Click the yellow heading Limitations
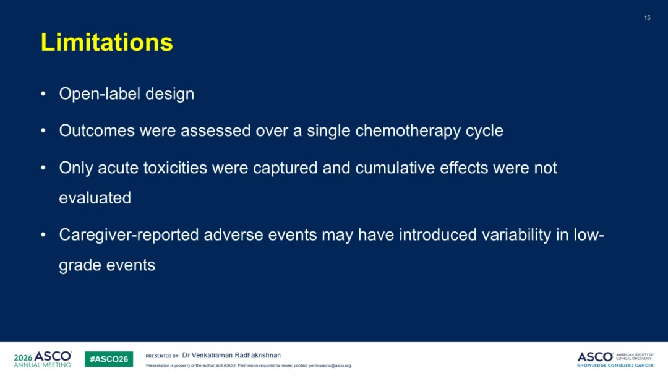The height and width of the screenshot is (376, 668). coord(107,42)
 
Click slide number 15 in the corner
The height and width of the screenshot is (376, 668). coord(647,18)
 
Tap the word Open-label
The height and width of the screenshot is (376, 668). coord(100,94)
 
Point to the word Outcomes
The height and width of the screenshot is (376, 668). coord(96,130)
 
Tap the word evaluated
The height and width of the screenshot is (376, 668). coord(95,198)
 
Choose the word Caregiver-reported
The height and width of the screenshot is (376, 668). coord(129,235)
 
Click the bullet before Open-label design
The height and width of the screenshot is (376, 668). coord(43,93)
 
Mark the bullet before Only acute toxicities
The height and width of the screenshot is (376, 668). coord(43,168)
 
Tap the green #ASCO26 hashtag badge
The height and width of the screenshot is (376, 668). coord(109,359)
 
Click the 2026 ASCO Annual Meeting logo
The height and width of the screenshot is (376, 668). coord(43,359)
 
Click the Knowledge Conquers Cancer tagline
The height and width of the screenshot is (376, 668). coord(615,365)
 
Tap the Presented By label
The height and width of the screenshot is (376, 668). coord(162,356)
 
